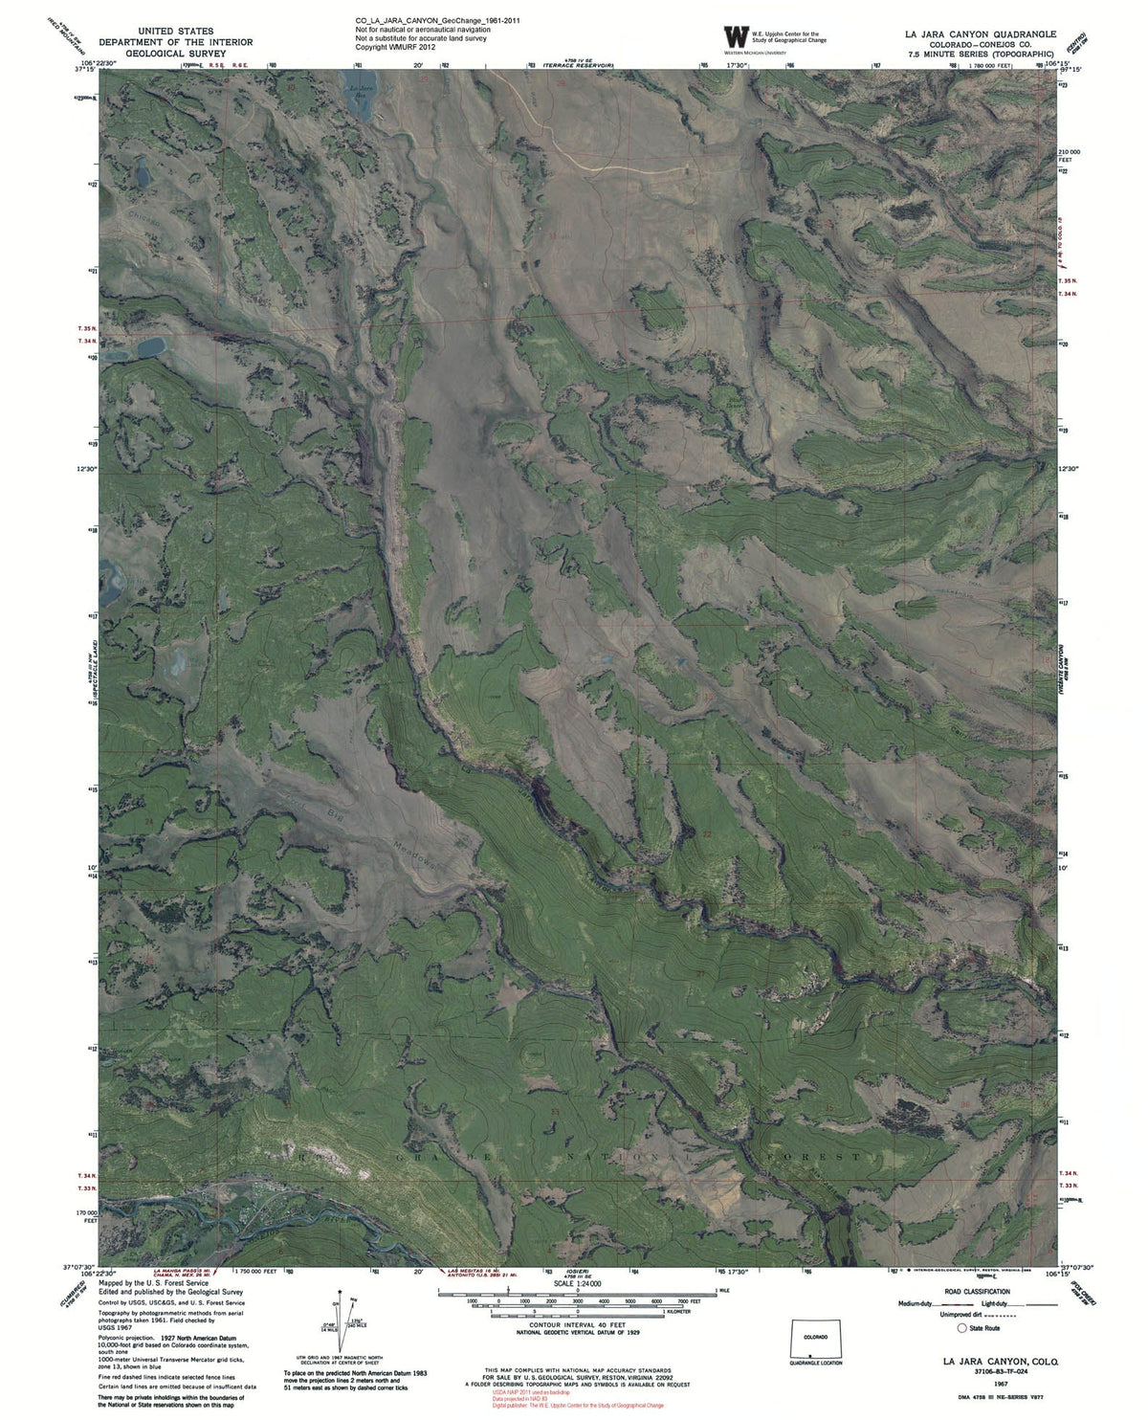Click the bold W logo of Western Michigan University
point(734,36)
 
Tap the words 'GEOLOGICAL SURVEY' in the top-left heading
point(175,54)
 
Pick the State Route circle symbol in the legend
point(963,1327)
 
